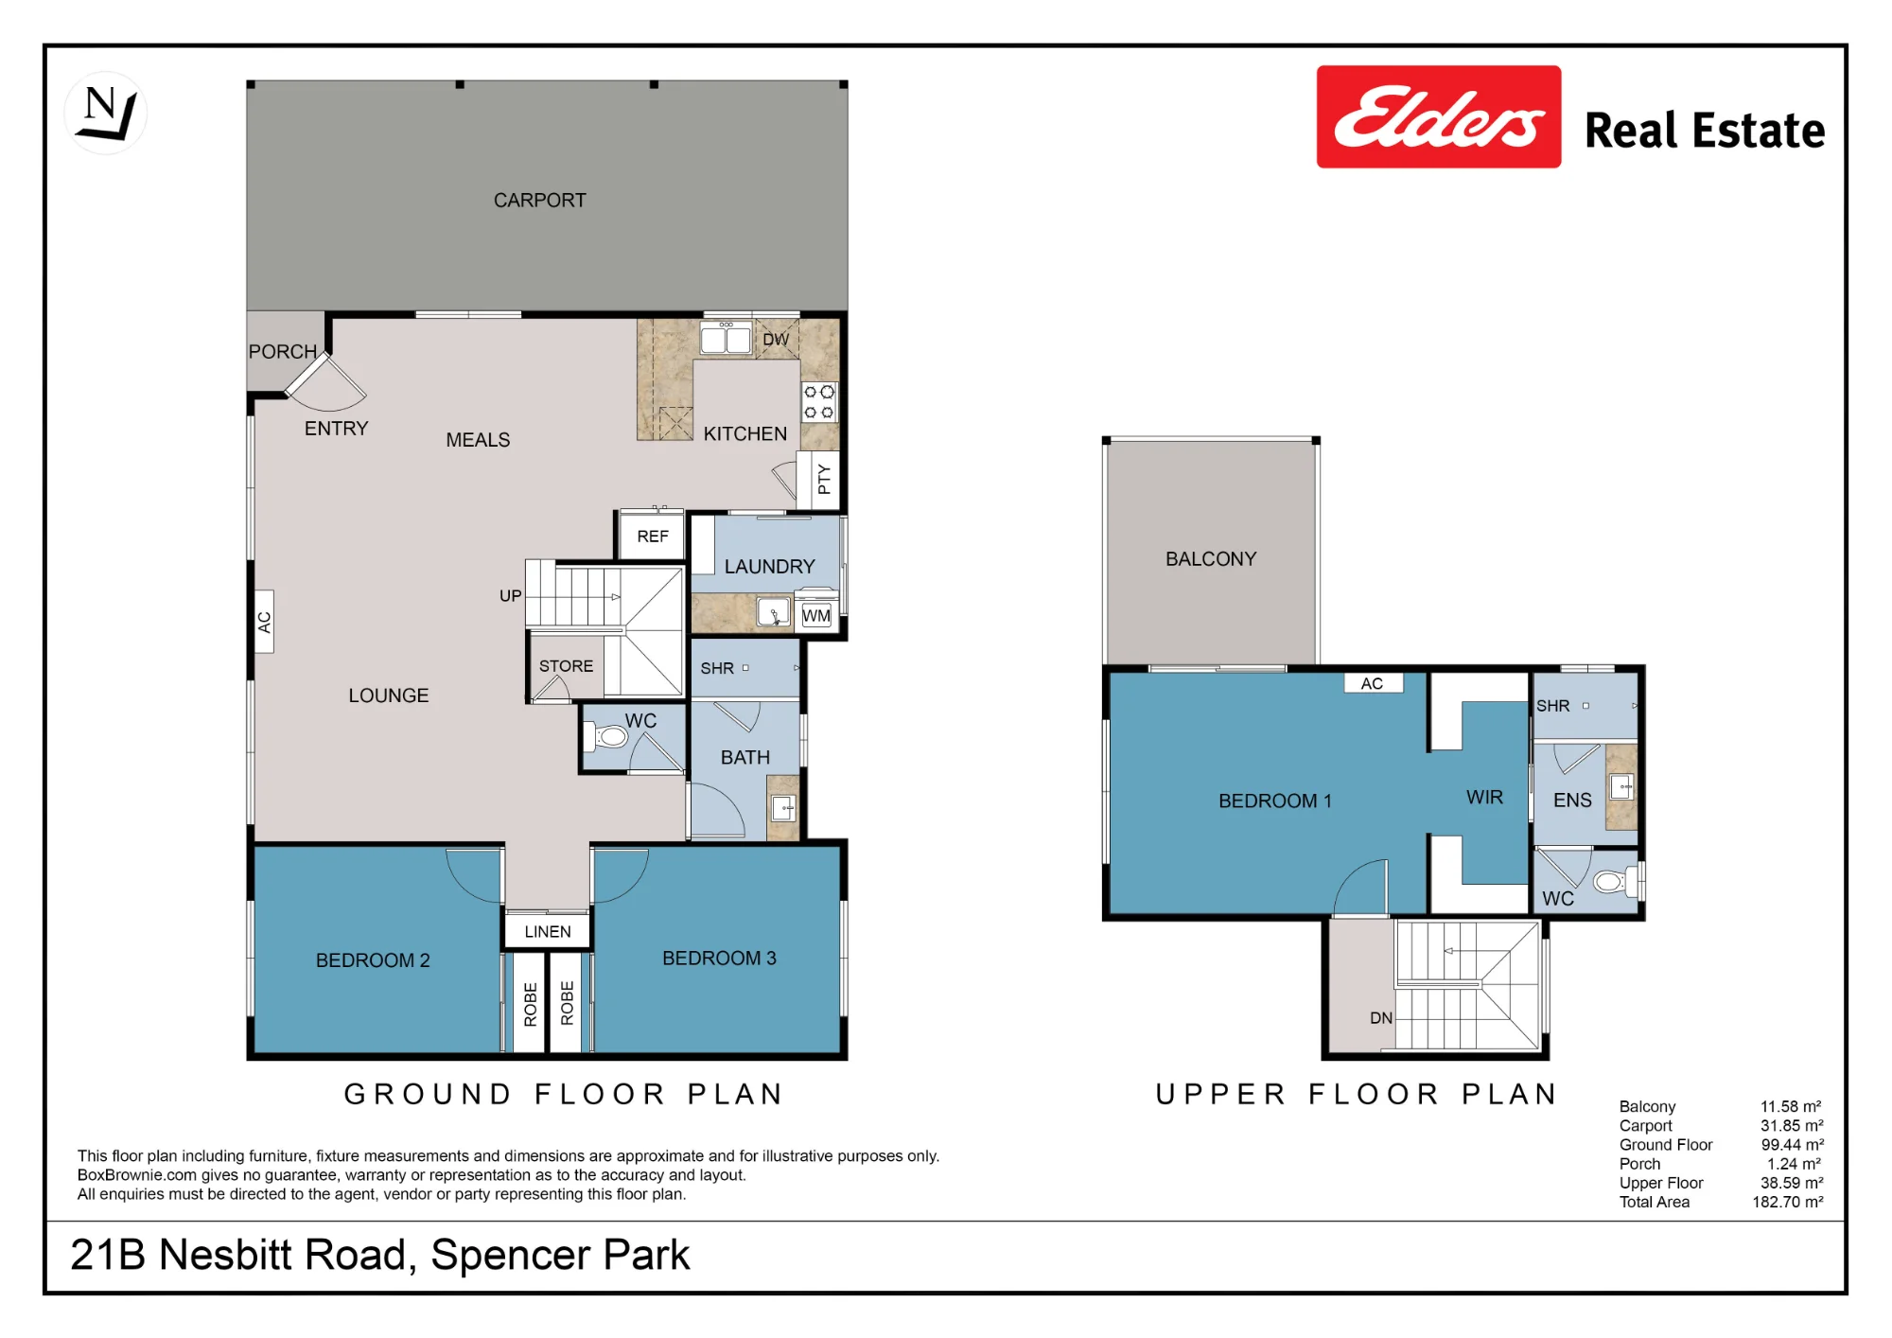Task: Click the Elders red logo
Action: click(1438, 116)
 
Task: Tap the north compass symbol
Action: click(106, 113)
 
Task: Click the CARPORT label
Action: click(540, 201)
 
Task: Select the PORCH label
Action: click(283, 352)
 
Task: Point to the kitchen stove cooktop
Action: click(819, 401)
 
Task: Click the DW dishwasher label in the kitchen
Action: click(776, 340)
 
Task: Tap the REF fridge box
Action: click(653, 537)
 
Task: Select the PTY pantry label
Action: click(824, 479)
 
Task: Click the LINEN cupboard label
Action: click(548, 932)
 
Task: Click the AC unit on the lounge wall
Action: click(265, 622)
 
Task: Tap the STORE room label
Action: click(566, 666)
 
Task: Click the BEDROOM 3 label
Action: click(719, 959)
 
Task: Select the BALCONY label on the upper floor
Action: click(1211, 559)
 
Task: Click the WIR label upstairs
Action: click(1484, 798)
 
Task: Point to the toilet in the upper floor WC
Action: click(1614, 882)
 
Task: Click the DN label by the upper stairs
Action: click(1381, 1018)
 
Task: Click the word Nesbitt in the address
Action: click(283, 1256)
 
